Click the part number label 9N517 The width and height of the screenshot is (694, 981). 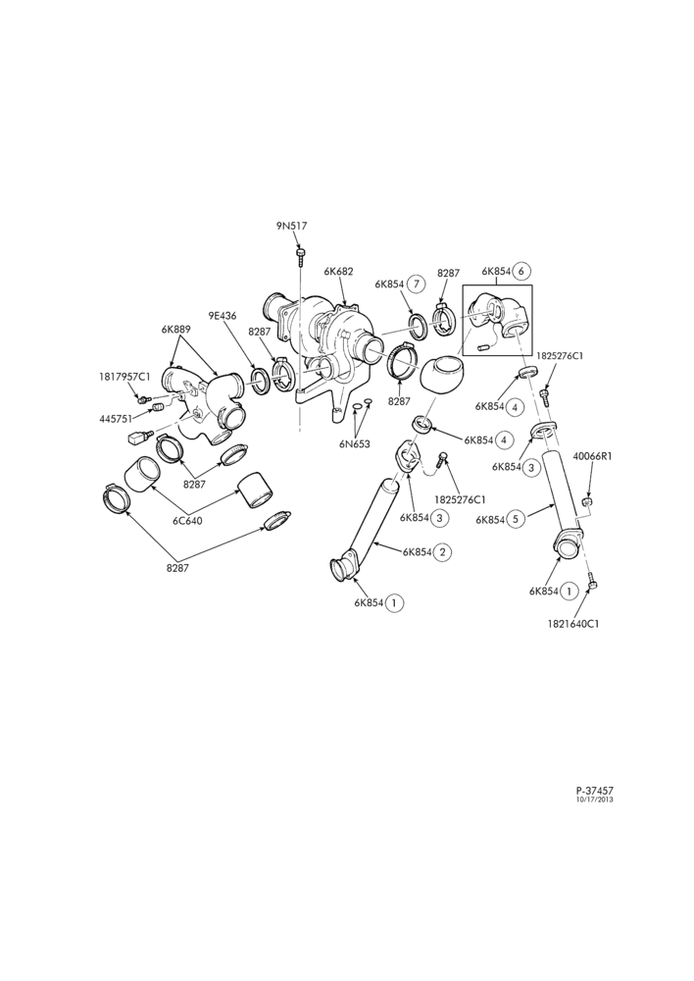(292, 226)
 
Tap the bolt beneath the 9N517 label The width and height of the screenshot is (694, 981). (301, 253)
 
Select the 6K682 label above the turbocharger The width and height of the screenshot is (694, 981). (339, 272)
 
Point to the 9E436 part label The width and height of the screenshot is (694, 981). (223, 316)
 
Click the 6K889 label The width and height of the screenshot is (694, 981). (175, 329)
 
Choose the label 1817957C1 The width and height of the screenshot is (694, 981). (124, 377)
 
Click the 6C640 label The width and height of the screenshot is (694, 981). (187, 521)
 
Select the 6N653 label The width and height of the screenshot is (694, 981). (355, 444)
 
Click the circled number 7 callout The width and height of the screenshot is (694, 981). (416, 284)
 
